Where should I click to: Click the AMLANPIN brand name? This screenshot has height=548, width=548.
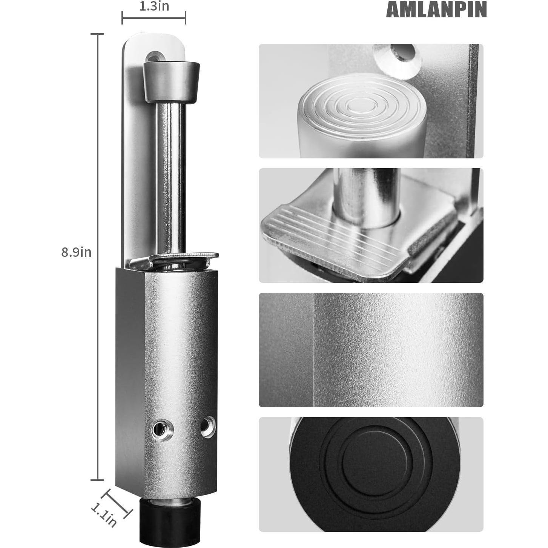436,10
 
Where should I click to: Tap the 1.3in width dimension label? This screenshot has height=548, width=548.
154,6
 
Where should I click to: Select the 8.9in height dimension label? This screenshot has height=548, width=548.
76,252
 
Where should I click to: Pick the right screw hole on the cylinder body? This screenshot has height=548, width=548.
208,427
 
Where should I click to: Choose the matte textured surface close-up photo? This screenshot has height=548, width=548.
371,350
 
